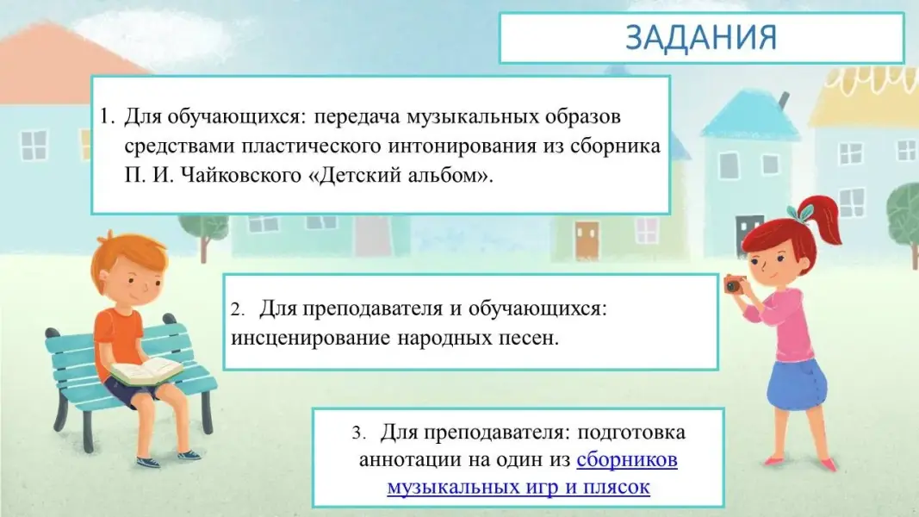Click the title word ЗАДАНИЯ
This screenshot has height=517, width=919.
pyautogui.click(x=701, y=37)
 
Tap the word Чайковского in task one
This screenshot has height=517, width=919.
pyautogui.click(x=241, y=175)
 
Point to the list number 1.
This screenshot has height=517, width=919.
pyautogui.click(x=107, y=116)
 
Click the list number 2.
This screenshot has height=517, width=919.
pyautogui.click(x=237, y=309)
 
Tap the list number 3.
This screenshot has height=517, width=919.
pyautogui.click(x=358, y=433)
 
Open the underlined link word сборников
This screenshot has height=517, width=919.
pyautogui.click(x=627, y=459)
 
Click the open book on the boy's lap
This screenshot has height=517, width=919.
pyautogui.click(x=146, y=371)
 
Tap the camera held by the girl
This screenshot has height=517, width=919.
pyautogui.click(x=735, y=284)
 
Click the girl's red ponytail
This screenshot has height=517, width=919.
pyautogui.click(x=823, y=219)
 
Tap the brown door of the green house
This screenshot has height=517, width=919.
pyautogui.click(x=587, y=240)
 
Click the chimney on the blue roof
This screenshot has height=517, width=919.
pyautogui.click(x=782, y=101)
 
